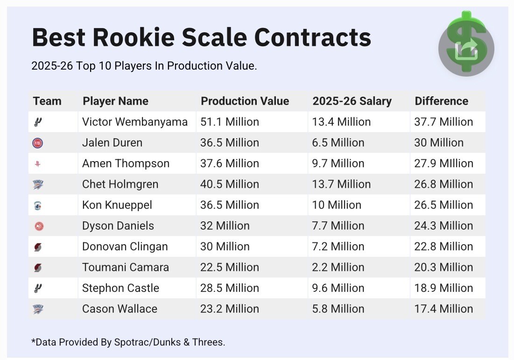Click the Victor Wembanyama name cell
click(x=134, y=122)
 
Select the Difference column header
click(x=441, y=101)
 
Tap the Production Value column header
click(x=245, y=101)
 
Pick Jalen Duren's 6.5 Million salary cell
click(x=338, y=143)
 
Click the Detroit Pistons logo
click(x=38, y=143)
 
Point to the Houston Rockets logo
click(x=38, y=164)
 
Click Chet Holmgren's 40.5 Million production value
click(x=229, y=184)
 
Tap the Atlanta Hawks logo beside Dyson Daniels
click(x=38, y=226)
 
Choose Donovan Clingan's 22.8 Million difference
click(x=443, y=247)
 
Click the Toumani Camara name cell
click(x=125, y=268)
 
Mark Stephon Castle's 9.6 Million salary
click(x=338, y=288)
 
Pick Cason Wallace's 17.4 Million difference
click(x=443, y=309)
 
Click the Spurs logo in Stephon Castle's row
click(x=38, y=288)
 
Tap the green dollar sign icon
click(x=466, y=43)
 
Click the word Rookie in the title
click(x=139, y=37)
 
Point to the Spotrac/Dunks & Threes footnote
click(x=128, y=342)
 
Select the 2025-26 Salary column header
click(x=352, y=101)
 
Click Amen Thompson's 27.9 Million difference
click(x=443, y=163)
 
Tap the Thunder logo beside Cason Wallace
click(x=38, y=309)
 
